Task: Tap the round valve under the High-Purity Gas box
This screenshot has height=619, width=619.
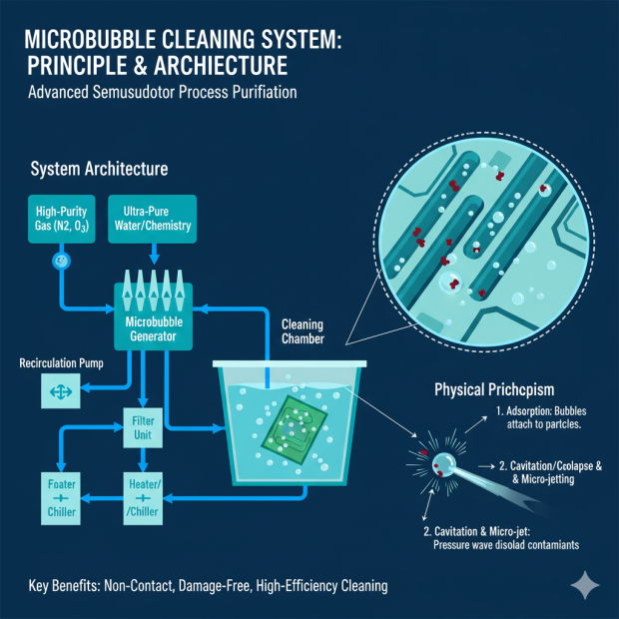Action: point(61,261)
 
